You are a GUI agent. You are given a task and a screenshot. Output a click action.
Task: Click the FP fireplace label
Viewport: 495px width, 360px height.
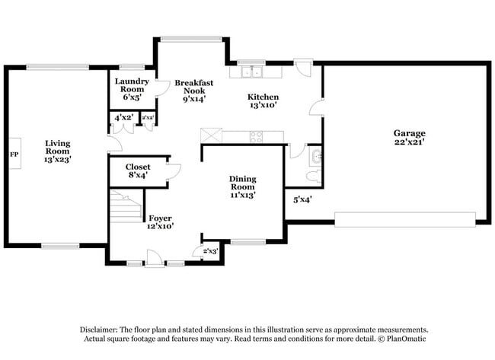point(13,155)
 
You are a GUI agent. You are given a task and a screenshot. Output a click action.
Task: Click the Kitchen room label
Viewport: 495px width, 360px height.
point(263,101)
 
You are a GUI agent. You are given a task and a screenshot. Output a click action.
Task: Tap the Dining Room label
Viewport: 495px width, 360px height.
point(243,186)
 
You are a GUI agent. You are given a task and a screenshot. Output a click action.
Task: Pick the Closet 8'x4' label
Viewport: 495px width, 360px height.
point(138,170)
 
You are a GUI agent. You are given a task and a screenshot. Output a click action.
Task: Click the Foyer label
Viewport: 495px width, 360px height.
point(160,221)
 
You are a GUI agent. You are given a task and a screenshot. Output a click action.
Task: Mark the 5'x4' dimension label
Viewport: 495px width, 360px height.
point(303,200)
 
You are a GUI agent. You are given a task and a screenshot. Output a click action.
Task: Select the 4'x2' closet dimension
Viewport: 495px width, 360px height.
point(123,118)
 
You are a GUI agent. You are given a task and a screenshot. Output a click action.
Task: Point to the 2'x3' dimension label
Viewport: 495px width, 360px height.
point(210,250)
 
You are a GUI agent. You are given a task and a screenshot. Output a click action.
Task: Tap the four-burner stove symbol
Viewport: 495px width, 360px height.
point(256,137)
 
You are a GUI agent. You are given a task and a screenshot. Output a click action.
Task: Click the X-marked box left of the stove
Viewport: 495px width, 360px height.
point(209,135)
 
